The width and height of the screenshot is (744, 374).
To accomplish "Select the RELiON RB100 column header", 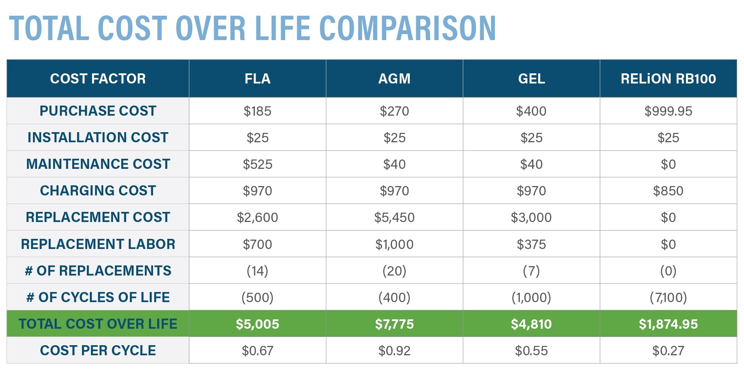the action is [x=668, y=79].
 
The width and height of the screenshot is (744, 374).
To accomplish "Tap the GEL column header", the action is [x=531, y=79].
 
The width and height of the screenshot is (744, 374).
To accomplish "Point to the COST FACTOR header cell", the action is [x=98, y=79].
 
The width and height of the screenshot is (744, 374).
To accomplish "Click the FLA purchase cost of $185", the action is [x=257, y=111].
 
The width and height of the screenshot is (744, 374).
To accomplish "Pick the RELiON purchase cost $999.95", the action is [x=668, y=111].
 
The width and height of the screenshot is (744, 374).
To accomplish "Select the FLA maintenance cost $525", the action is [x=257, y=164].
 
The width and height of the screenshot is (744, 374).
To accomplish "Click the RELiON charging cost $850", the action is [x=668, y=191].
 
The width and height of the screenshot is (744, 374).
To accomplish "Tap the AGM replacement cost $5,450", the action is [x=394, y=218].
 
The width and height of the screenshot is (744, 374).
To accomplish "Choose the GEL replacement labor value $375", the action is [x=531, y=244].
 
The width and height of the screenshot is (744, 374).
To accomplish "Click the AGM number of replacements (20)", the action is [x=394, y=271].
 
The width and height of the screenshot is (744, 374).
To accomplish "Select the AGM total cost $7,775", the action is [x=394, y=324].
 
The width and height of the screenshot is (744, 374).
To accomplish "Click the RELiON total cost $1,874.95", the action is [x=668, y=324].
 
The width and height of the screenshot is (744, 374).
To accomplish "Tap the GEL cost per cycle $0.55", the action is [x=531, y=351].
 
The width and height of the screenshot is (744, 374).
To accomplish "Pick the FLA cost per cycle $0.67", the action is [x=257, y=351].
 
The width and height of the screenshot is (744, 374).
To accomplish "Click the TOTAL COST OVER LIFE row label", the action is [x=98, y=324].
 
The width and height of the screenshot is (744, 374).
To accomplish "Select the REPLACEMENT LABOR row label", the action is [x=98, y=244].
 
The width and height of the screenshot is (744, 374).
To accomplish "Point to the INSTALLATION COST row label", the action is [x=98, y=137].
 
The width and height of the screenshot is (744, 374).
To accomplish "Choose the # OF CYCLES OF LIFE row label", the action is [x=98, y=297].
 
